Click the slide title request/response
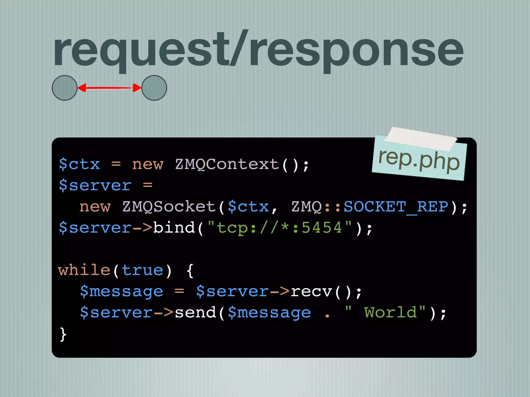[x=258, y=50]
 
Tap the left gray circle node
[x=65, y=88]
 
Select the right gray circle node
[x=154, y=88]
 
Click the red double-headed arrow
[x=109, y=88]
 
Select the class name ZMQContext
[x=227, y=164]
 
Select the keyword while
[x=84, y=270]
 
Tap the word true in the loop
[x=142, y=270]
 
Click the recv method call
[x=311, y=292]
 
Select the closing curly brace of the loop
[x=63, y=334]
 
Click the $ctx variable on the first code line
[x=79, y=164]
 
